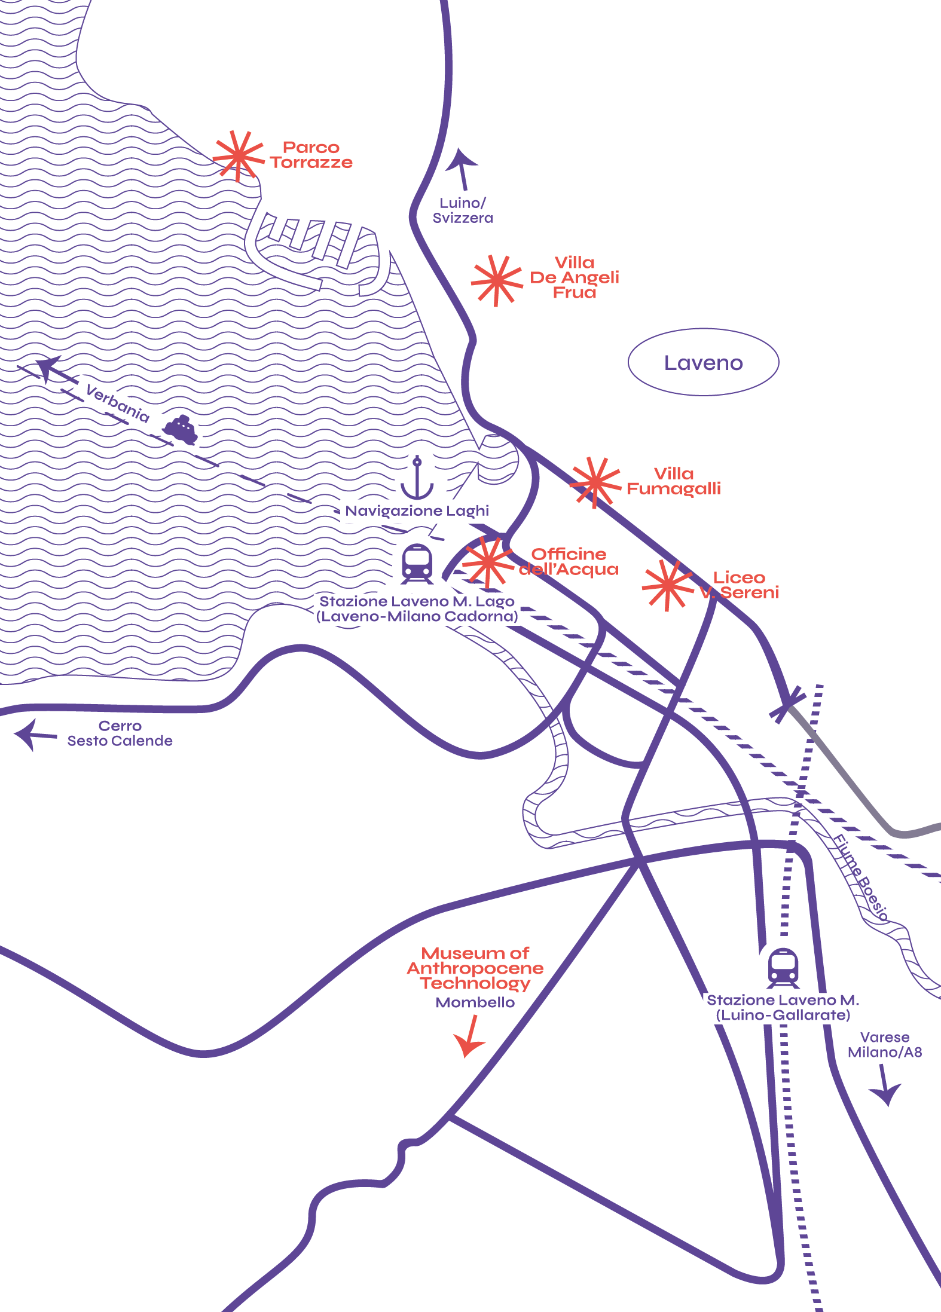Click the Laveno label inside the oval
[703, 363]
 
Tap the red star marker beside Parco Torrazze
[238, 156]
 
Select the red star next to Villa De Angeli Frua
[496, 280]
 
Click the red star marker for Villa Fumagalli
[595, 482]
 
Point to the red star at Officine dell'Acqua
[488, 562]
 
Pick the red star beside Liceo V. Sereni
[667, 585]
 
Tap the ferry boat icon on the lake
[181, 430]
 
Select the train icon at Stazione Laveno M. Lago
[417, 564]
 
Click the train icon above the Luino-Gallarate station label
[783, 967]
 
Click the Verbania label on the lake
[117, 403]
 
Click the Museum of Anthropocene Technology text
[475, 968]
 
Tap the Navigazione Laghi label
[417, 510]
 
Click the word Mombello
[475, 1002]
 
